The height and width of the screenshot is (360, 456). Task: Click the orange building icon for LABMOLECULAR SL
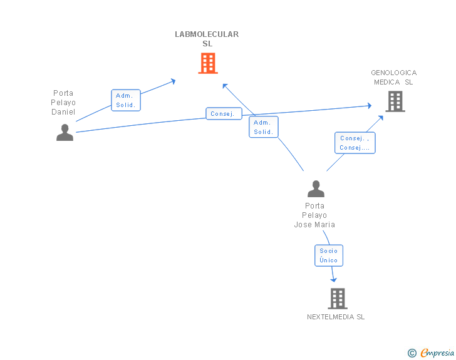point(208,63)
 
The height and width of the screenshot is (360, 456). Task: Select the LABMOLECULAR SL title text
point(207,39)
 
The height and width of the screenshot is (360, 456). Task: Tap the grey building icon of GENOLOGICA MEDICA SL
point(395,101)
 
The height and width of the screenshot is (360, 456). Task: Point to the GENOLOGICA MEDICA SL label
point(393,77)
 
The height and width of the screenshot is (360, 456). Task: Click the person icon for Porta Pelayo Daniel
point(65,133)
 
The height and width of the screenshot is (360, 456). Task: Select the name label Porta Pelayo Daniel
point(63,103)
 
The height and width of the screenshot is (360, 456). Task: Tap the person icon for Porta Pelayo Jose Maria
point(316,188)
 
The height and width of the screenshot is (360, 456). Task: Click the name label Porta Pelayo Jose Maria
point(315,215)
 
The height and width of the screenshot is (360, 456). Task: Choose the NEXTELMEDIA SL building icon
point(337,299)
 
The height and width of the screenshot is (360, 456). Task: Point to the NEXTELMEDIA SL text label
point(336,317)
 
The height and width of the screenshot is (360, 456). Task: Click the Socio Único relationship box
point(329,255)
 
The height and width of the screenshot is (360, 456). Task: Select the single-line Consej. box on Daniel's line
point(224,114)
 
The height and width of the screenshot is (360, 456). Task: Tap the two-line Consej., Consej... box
point(355,143)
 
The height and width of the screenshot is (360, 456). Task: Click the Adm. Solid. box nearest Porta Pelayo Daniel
point(126,100)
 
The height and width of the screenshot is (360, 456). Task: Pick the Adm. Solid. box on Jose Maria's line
point(264,127)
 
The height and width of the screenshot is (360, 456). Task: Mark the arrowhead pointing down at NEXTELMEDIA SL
point(334,279)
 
